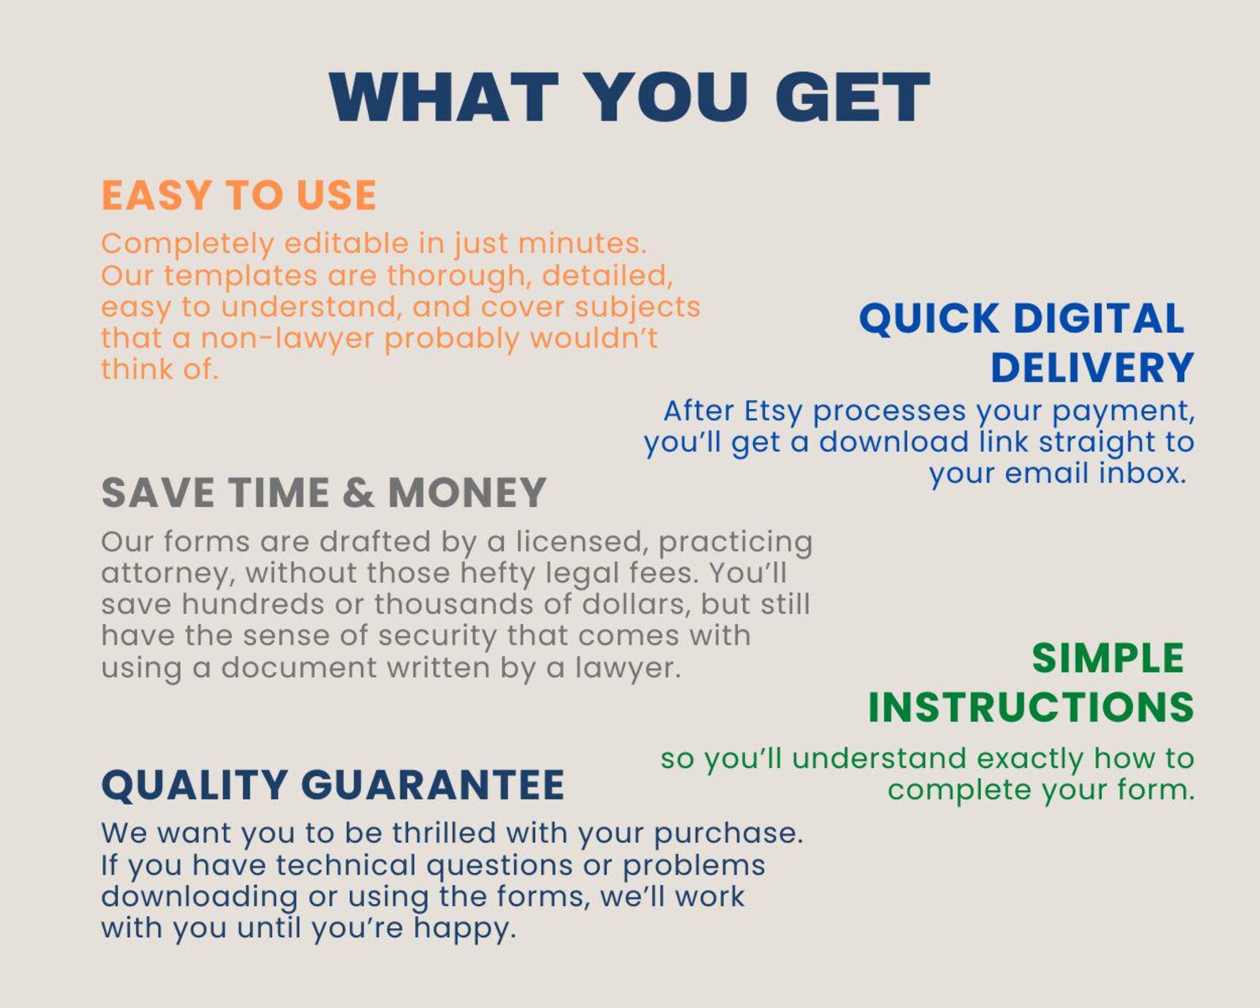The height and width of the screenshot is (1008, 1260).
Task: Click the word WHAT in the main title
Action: [x=444, y=98]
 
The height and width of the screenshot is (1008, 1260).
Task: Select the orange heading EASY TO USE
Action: [x=239, y=195]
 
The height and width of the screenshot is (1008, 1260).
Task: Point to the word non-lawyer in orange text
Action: [x=287, y=338]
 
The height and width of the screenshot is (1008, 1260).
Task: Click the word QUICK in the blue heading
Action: [x=929, y=319]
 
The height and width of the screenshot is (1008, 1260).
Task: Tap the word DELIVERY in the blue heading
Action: [x=1092, y=368]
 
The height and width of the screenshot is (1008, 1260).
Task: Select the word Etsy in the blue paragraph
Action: [x=773, y=411]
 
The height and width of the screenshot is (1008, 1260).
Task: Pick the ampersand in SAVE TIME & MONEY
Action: [x=359, y=493]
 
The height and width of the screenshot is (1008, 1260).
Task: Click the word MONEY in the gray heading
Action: [x=467, y=493]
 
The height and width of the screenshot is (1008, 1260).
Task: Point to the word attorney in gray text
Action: [x=167, y=574]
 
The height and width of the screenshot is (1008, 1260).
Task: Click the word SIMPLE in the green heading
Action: [x=1108, y=659]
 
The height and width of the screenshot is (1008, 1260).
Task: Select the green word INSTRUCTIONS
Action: [x=1031, y=707]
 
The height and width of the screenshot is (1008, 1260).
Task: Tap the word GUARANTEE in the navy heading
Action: [x=433, y=785]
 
